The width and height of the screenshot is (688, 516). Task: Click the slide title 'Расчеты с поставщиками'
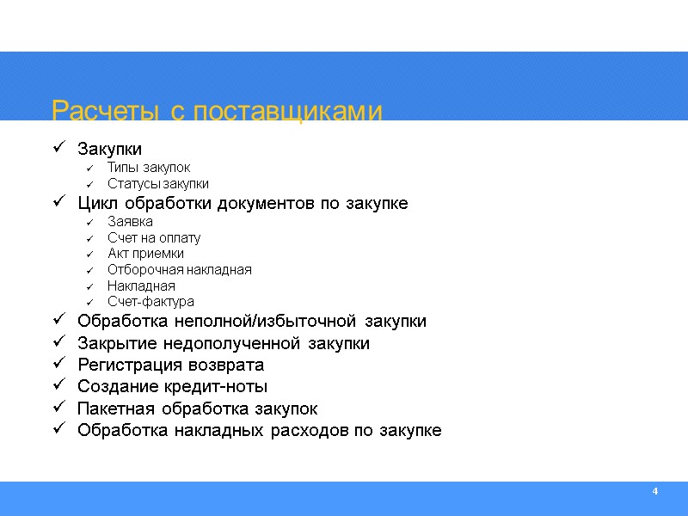point(216,112)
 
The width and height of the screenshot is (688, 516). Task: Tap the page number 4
point(655,491)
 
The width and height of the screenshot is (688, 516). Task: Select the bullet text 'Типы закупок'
point(149,168)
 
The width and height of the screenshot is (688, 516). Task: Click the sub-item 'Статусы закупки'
point(158,184)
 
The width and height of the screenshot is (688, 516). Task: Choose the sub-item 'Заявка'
point(131,221)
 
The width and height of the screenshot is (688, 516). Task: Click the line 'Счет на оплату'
point(154,237)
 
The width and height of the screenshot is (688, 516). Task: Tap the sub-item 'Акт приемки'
point(145,254)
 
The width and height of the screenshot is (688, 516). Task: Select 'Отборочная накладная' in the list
point(180,270)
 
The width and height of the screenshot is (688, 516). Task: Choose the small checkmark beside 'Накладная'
point(89,286)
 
